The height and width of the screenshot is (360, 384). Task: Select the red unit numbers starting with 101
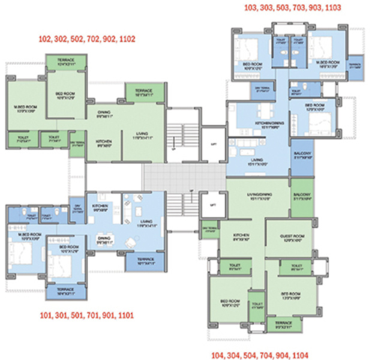click(x=86, y=315)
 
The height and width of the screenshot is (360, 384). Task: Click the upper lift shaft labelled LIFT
click(x=210, y=144)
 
